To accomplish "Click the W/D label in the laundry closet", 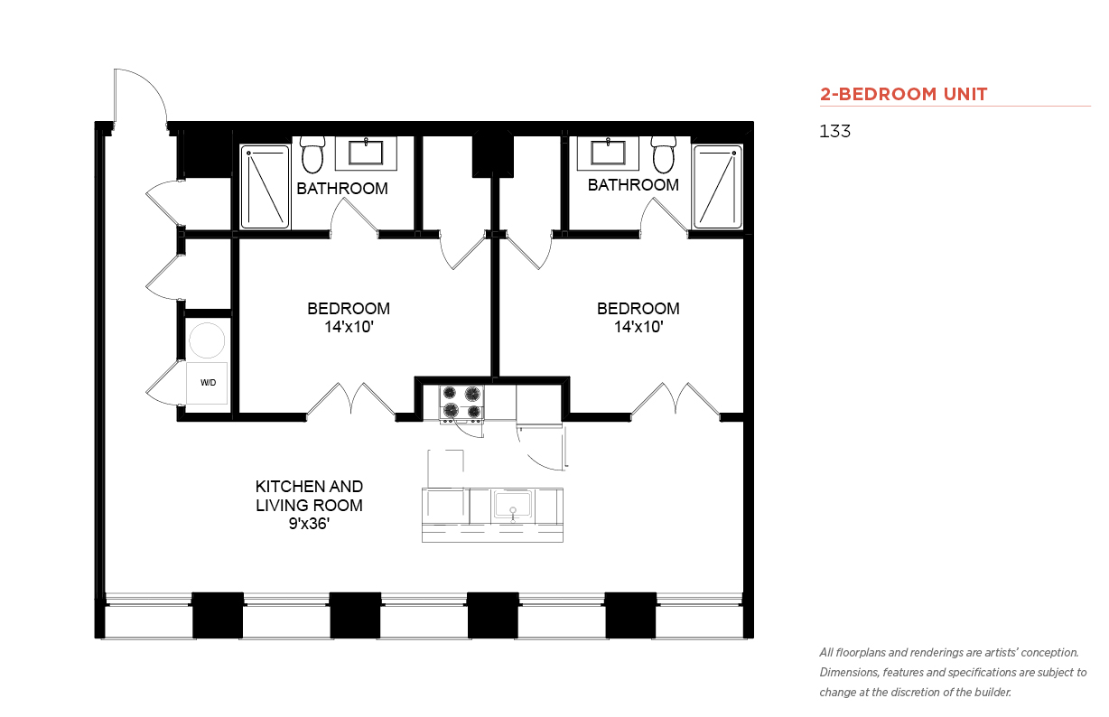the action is pos(208,382).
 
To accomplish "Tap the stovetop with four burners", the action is pos(461,403).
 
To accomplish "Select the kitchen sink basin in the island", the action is pos(513,505).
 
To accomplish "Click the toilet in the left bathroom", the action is pos(312,154).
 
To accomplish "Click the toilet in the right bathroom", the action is pos(664,154).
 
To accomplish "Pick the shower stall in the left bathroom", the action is pos(265,187).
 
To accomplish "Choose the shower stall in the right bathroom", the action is pos(717,187).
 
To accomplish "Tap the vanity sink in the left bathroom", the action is pos(366,153).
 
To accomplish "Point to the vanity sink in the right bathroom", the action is pos(608,153).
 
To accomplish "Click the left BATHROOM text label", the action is pos(342,189).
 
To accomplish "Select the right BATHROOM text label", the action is pos(633,185).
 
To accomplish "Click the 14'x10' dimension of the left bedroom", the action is pos(349,327).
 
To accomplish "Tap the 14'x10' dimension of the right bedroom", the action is pos(638,327).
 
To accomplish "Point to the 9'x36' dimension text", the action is pos(309,524).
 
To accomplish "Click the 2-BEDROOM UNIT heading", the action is pos(903,94).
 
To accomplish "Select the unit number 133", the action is pos(834,131).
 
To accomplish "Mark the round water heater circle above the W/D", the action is pos(207,340).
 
